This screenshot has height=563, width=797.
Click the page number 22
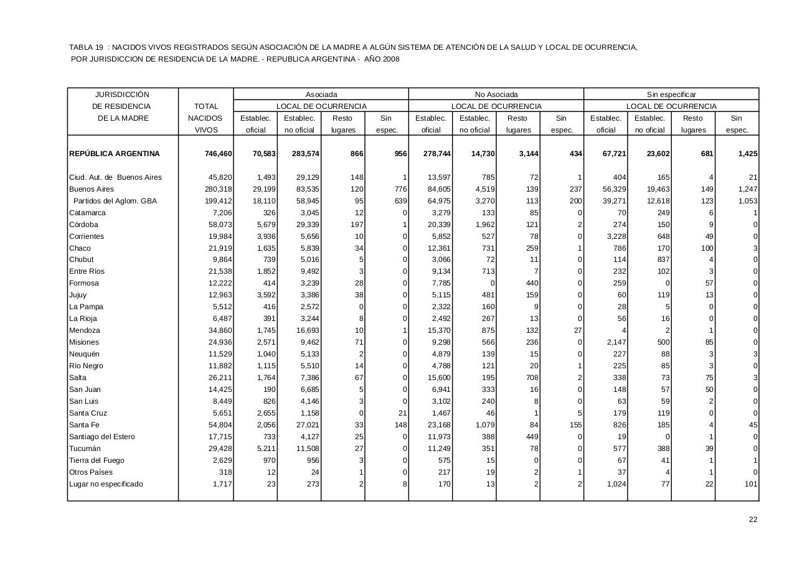tap(753, 520)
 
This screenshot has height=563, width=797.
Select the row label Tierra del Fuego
tap(97, 460)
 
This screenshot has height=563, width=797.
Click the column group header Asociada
tap(321, 95)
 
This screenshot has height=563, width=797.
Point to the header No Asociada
tap(496, 95)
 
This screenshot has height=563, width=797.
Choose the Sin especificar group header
tap(671, 95)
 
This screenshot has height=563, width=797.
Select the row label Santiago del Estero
tap(101, 437)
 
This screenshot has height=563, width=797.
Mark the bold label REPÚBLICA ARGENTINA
tap(115, 154)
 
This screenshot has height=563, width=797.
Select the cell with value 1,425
tap(747, 154)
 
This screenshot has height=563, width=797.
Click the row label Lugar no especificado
tap(106, 484)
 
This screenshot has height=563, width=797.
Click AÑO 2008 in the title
tap(382, 59)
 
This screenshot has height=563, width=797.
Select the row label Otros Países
tap(91, 472)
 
